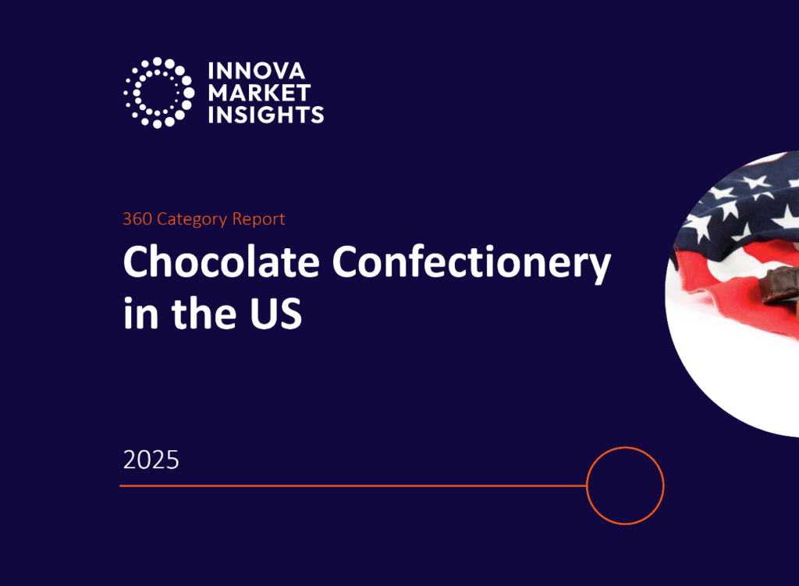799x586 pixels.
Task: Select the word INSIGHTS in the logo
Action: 266,115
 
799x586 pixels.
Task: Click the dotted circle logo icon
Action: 158,93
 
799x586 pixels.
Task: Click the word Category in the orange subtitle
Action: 191,219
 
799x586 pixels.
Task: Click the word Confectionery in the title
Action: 471,265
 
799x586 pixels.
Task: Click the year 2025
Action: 151,460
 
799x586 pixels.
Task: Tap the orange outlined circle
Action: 624,485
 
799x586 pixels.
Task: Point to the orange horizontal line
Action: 351,485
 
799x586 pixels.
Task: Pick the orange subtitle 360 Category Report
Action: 204,219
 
